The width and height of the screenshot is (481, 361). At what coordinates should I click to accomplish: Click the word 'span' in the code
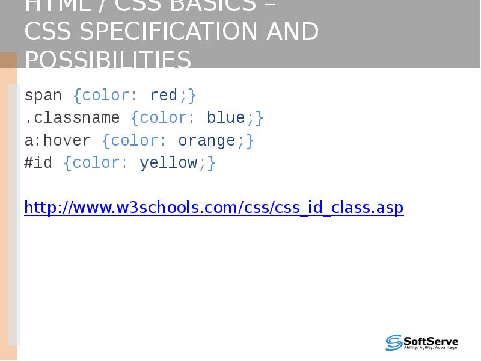click(43, 96)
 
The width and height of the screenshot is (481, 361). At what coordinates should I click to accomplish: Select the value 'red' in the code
click(164, 96)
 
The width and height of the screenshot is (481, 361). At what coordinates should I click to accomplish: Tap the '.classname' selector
click(72, 118)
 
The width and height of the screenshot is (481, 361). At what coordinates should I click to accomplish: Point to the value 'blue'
click(225, 118)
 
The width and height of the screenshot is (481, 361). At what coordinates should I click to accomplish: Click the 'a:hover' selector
click(58, 141)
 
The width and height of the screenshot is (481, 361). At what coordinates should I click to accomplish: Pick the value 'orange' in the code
click(206, 141)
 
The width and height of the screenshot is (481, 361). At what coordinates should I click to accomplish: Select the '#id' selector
click(38, 163)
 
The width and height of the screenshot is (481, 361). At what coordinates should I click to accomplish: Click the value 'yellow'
click(168, 163)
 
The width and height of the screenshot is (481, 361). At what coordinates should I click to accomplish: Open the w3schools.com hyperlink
click(213, 208)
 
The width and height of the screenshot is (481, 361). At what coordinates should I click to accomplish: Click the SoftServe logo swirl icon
click(394, 342)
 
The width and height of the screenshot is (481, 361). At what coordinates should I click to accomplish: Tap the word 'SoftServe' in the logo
click(430, 340)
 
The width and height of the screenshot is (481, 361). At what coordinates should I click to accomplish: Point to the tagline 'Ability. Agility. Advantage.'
click(430, 347)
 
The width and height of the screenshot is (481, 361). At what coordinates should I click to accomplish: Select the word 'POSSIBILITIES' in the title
click(108, 60)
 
